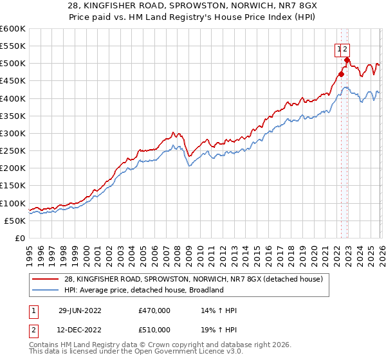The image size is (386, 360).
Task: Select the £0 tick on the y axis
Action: point(19,239)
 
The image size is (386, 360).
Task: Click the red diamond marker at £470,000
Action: point(341,74)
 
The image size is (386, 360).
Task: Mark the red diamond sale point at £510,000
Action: point(347,60)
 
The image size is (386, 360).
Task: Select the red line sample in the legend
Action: point(45,278)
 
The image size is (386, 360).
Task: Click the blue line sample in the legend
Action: point(45,290)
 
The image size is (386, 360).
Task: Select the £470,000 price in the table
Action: point(154,310)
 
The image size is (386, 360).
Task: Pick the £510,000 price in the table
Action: point(154,330)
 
